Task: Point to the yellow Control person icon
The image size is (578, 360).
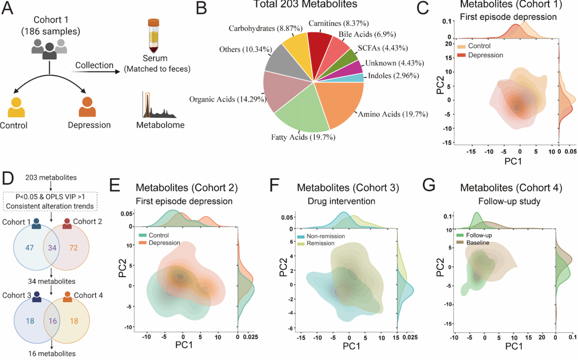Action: [x=17, y=107]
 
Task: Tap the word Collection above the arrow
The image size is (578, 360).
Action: [x=94, y=65]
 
